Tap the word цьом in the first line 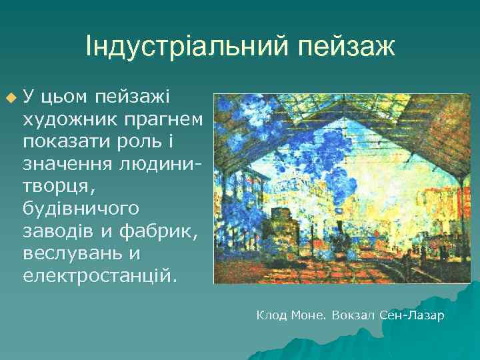click(65, 98)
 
